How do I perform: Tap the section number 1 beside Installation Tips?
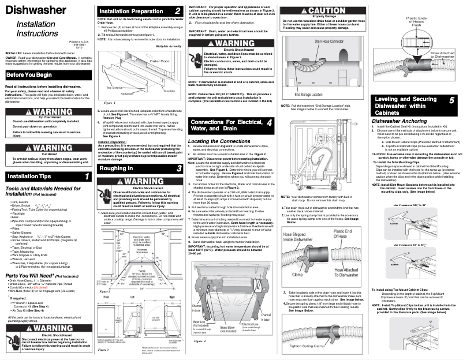point(86,160)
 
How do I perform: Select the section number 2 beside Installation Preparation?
point(177,11)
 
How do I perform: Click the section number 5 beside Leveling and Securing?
point(451,100)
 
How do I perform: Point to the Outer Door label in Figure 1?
point(160,60)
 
